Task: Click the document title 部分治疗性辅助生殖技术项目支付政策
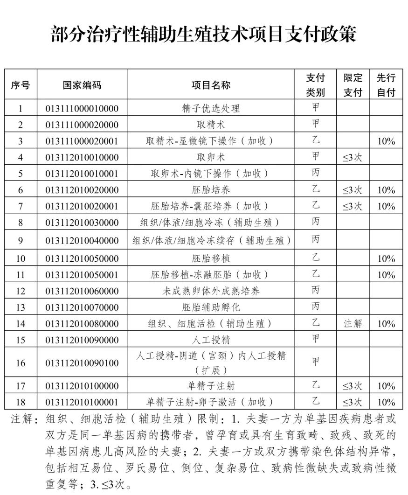pyautogui.click(x=204, y=35)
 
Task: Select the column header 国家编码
pyautogui.click(x=82, y=85)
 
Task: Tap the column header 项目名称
pyautogui.click(x=211, y=85)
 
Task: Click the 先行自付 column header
pyautogui.click(x=386, y=85)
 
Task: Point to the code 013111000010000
pyautogui.click(x=82, y=109)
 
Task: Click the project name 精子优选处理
pyautogui.click(x=211, y=109)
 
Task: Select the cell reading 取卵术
pyautogui.click(x=211, y=158)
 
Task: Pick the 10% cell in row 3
pyautogui.click(x=386, y=141)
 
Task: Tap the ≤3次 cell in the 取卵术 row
pyautogui.click(x=353, y=158)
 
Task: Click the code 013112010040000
pyautogui.click(x=82, y=240)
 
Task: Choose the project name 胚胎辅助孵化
pyautogui.click(x=211, y=307)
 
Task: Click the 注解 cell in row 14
pyautogui.click(x=353, y=324)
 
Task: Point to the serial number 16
pyautogui.click(x=21, y=363)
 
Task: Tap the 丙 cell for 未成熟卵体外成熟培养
pyautogui.click(x=316, y=291)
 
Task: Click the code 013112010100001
pyautogui.click(x=82, y=402)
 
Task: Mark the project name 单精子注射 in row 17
pyautogui.click(x=211, y=386)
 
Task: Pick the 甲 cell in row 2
pyautogui.click(x=316, y=125)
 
